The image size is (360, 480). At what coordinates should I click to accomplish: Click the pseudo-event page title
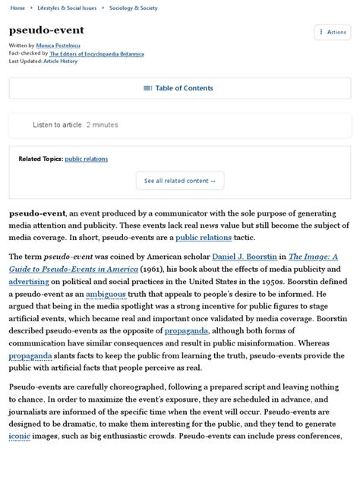(46, 30)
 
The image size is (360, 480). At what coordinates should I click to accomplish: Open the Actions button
(333, 32)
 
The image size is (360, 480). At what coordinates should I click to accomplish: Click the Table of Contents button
(180, 88)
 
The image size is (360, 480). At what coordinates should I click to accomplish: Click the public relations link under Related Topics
(87, 159)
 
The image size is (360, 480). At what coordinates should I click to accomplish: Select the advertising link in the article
(29, 281)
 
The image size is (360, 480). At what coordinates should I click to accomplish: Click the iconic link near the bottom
(20, 436)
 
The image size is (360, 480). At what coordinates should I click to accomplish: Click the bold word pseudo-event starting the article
(36, 214)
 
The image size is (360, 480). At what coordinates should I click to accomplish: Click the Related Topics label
(40, 159)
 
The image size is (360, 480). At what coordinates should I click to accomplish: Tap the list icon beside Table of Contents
(147, 88)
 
